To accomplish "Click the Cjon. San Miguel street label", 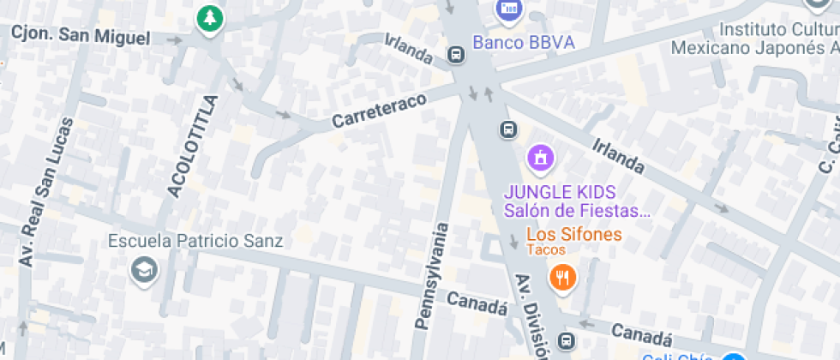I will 81,38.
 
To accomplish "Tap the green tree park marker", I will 208,18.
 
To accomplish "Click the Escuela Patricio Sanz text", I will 195,241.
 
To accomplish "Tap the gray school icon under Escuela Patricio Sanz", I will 144,271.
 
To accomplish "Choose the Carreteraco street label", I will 379,111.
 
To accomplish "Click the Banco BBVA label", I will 524,42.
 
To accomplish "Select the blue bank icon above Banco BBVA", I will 510,9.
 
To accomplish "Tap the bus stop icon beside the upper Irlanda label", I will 456,57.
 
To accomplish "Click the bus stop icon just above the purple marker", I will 508,130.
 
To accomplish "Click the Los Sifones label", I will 573,233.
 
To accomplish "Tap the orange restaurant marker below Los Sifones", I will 562,277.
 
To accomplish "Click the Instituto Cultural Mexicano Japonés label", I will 754,38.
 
